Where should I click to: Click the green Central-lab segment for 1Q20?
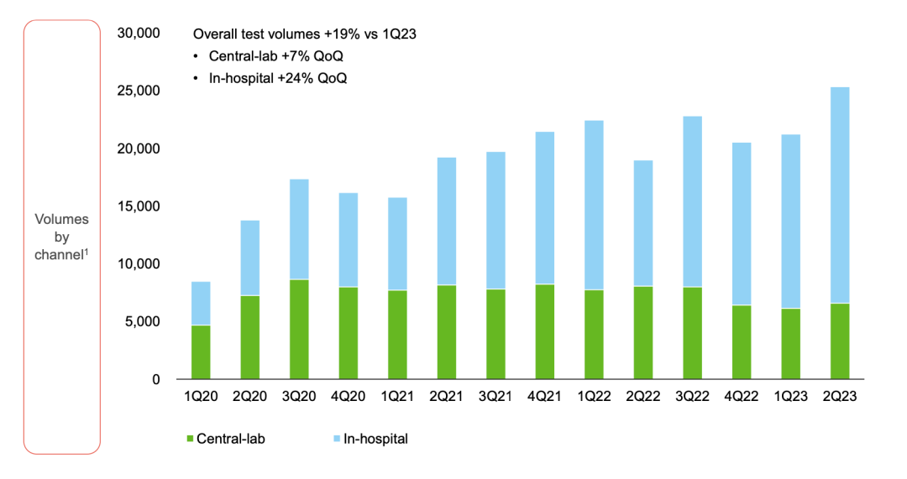(201, 352)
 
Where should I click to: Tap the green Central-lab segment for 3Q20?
(299, 330)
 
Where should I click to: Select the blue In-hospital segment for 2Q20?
(250, 258)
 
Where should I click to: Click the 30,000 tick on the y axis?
(139, 34)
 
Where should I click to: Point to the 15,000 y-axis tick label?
(139, 206)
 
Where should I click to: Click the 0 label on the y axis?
(156, 380)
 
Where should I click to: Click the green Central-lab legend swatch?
(189, 439)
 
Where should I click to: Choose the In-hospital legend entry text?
(375, 439)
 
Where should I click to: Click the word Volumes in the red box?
(61, 219)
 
